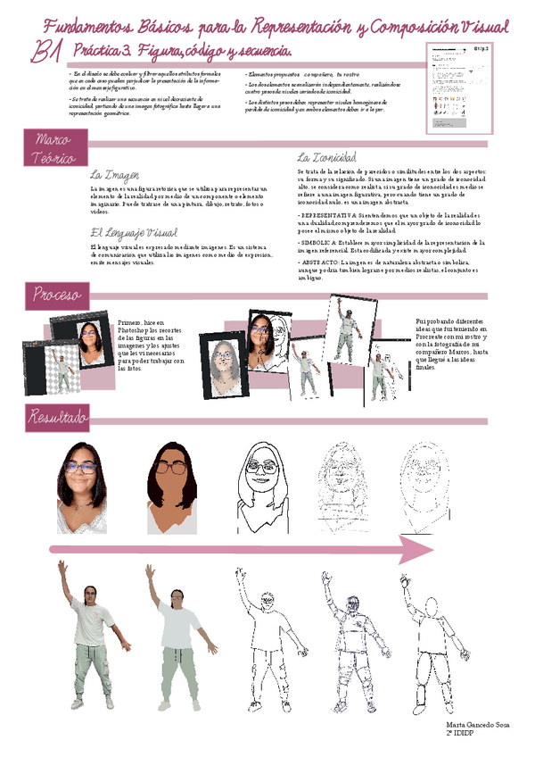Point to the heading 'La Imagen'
click(x=114, y=174)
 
